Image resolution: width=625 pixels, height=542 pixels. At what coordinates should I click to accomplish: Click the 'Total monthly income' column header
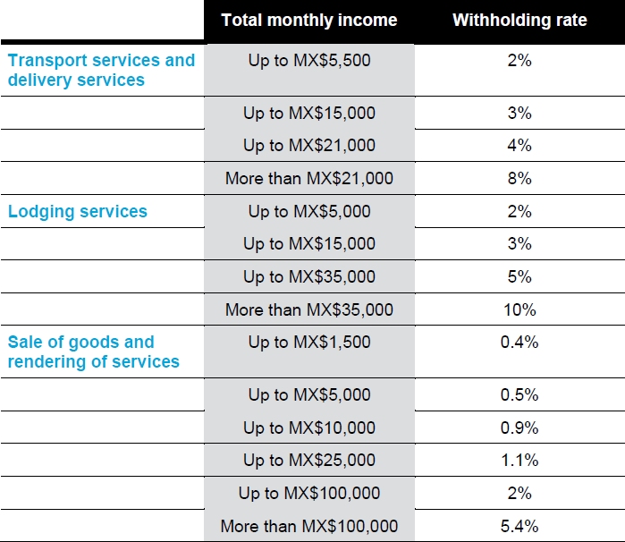(308, 20)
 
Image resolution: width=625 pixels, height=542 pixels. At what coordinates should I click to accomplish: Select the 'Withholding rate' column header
(519, 20)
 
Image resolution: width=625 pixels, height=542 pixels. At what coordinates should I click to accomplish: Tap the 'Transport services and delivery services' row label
(101, 70)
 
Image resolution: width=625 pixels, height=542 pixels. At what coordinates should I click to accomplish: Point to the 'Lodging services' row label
(78, 211)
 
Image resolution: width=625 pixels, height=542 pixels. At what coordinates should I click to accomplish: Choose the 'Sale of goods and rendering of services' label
(94, 351)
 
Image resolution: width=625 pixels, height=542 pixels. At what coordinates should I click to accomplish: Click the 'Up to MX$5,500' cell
(308, 61)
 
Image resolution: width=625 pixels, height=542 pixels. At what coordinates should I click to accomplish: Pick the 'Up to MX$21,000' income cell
(308, 145)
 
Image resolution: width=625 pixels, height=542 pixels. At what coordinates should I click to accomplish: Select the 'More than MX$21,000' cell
(308, 178)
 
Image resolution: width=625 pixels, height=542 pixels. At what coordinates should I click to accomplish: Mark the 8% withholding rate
(519, 178)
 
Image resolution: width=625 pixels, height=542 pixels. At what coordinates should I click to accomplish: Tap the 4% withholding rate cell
(519, 145)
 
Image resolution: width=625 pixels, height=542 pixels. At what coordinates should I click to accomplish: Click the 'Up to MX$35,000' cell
(308, 276)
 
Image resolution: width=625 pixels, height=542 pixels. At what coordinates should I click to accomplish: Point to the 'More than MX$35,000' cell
(308, 309)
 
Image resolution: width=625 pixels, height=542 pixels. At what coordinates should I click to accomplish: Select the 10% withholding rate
(519, 309)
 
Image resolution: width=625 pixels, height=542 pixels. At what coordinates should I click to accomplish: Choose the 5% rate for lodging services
(519, 276)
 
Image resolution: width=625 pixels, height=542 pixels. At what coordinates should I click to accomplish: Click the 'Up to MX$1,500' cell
(308, 342)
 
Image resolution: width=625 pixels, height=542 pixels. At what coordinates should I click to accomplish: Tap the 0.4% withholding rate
(519, 342)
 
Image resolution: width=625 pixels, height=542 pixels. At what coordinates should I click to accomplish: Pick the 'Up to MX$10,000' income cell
(308, 428)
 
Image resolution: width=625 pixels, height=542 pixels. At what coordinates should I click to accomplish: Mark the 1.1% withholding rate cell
(519, 460)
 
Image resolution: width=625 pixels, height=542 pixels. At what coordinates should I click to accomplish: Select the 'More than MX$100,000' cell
(308, 525)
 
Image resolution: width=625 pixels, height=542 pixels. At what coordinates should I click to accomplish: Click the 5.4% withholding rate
(519, 525)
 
